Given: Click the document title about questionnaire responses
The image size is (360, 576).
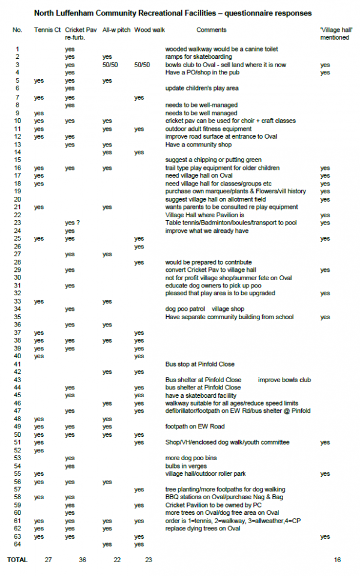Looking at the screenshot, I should (x=173, y=13).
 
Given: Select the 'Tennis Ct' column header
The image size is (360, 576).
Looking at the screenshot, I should (x=46, y=29).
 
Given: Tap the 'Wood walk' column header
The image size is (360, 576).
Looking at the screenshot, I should (x=146, y=29).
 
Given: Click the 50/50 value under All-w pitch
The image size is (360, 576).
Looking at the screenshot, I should (x=110, y=65).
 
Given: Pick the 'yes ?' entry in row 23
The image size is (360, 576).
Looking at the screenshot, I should (x=73, y=223).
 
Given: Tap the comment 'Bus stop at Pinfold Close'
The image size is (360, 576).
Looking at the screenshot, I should (x=200, y=364).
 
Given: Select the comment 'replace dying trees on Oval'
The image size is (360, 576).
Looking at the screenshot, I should (x=203, y=528).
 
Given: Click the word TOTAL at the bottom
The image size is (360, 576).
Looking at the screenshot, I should (x=17, y=560).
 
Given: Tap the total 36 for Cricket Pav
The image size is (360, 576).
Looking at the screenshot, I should (x=83, y=560).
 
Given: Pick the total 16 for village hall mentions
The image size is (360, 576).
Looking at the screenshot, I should (x=337, y=560).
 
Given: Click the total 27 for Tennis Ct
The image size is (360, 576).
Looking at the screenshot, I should (x=49, y=560).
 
